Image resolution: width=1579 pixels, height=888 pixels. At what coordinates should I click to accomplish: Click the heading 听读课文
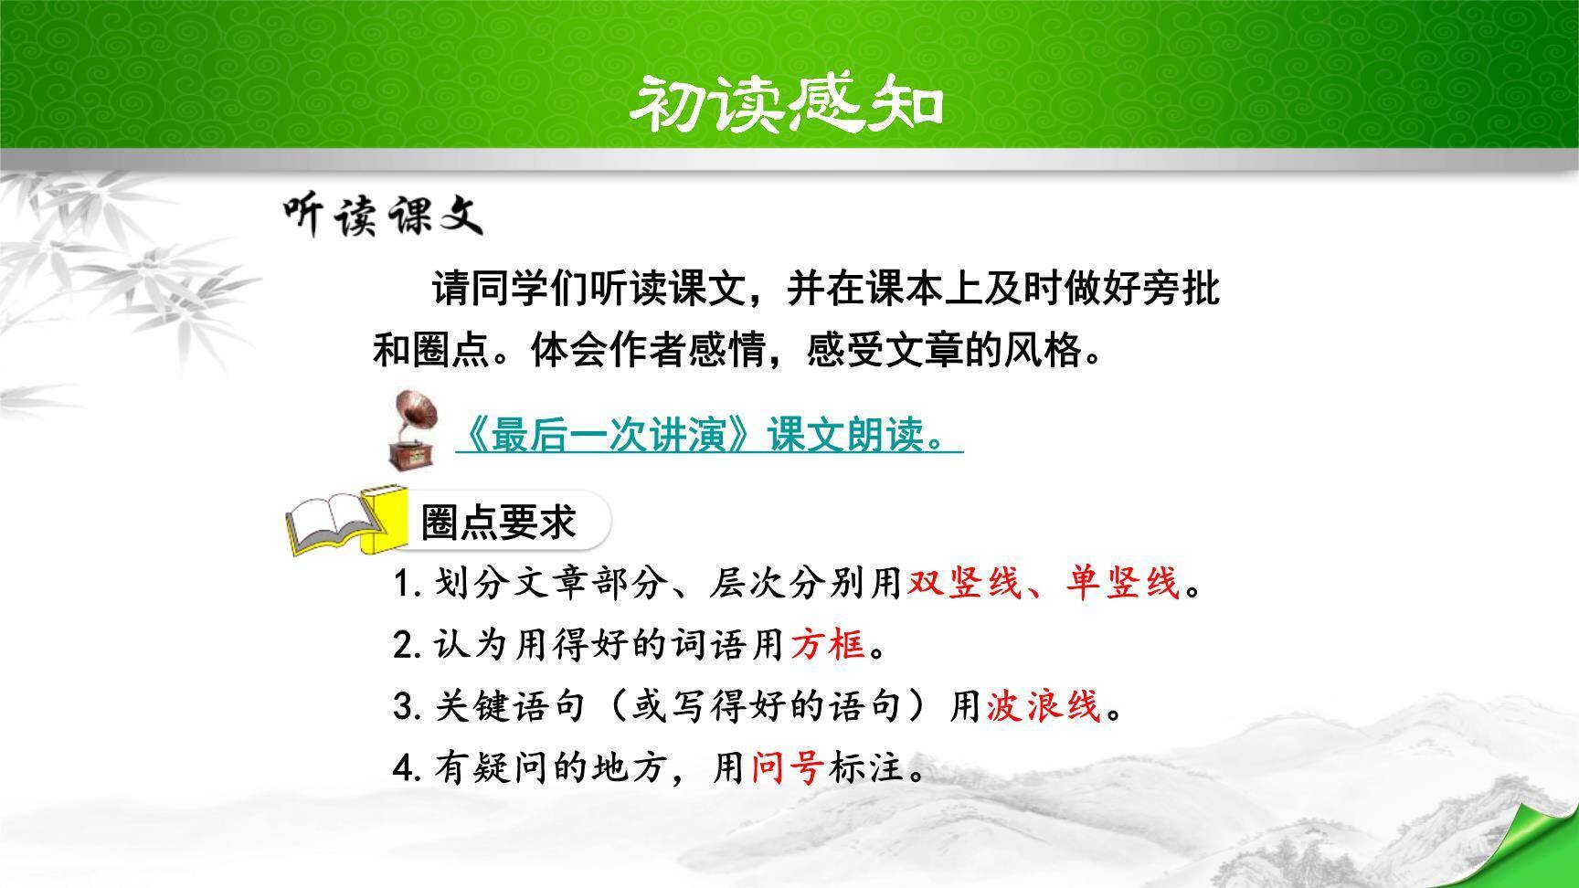pos(382,216)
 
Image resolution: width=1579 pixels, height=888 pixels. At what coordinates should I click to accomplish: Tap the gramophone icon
pos(410,429)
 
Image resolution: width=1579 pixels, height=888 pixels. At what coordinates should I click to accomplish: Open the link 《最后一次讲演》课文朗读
pos(707,437)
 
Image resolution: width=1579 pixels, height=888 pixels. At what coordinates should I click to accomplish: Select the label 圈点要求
pos(499,523)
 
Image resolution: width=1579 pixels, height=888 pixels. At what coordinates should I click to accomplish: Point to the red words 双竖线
pos(963,582)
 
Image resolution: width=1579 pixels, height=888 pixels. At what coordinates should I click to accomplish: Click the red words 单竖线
pos(1122,582)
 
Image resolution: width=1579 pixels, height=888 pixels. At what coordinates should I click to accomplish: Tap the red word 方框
pos(828,645)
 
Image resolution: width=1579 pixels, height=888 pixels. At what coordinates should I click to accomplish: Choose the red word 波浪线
pos(1044,706)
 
